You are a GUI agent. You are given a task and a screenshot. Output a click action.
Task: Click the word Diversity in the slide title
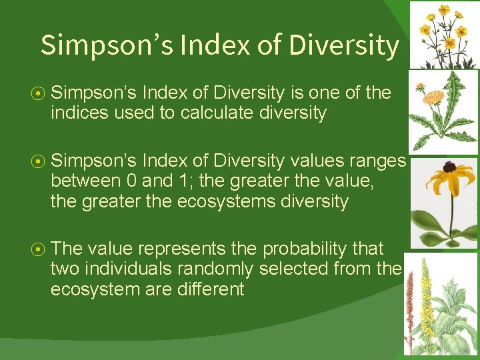pyautogui.click(x=343, y=45)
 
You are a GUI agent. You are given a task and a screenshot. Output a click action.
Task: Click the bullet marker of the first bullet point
pyautogui.click(x=41, y=93)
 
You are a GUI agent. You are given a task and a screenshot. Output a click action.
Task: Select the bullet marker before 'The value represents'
pyautogui.click(x=41, y=249)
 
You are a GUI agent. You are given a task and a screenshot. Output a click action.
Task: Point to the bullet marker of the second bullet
pyautogui.click(x=41, y=161)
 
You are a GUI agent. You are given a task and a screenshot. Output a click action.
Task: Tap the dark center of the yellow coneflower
pyautogui.click(x=447, y=167)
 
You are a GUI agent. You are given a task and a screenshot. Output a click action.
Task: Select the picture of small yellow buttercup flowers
pyautogui.click(x=443, y=33)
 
